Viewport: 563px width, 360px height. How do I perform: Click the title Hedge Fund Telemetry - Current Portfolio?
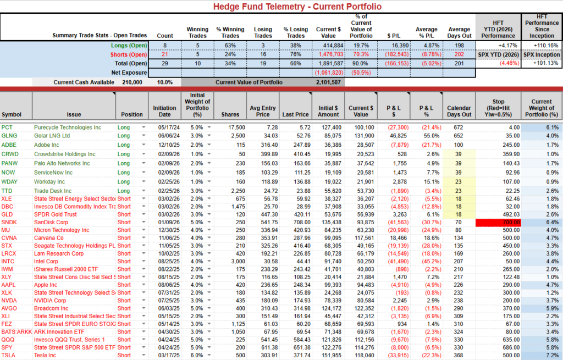281,7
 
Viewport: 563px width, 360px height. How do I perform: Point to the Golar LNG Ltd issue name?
52,135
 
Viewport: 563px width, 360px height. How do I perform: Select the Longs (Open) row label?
129,45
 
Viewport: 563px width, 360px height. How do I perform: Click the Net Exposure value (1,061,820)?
328,73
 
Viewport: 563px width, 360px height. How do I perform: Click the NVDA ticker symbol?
10,301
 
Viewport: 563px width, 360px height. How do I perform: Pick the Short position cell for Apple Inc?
124,285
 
